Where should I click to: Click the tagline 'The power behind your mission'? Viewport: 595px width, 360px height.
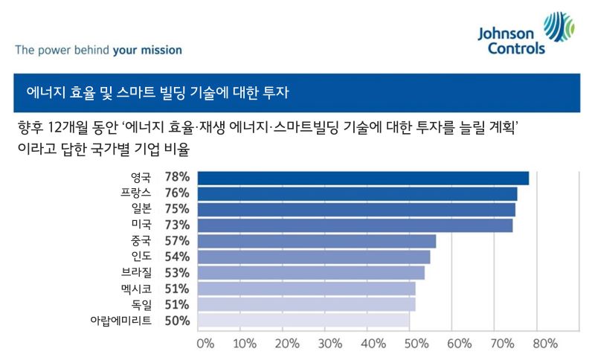coord(98,51)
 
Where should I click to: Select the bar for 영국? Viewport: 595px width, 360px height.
coord(363,178)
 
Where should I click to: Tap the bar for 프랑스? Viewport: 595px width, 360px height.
coord(357,193)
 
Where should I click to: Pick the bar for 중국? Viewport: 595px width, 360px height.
coord(316,241)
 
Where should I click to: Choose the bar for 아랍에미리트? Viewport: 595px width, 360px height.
coord(303,321)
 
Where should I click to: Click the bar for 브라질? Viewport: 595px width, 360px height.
coord(310,273)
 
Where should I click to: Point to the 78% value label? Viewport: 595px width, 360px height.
coord(177,178)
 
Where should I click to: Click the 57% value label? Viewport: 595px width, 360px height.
coord(177,241)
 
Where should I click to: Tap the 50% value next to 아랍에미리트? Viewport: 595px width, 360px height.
coord(177,321)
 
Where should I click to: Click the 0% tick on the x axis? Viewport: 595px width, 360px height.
coord(205,344)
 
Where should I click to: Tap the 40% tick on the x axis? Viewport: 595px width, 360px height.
coord(374,344)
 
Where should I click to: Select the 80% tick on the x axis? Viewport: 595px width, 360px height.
coord(544,344)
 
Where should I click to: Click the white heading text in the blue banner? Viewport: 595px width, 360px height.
coord(157,94)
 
